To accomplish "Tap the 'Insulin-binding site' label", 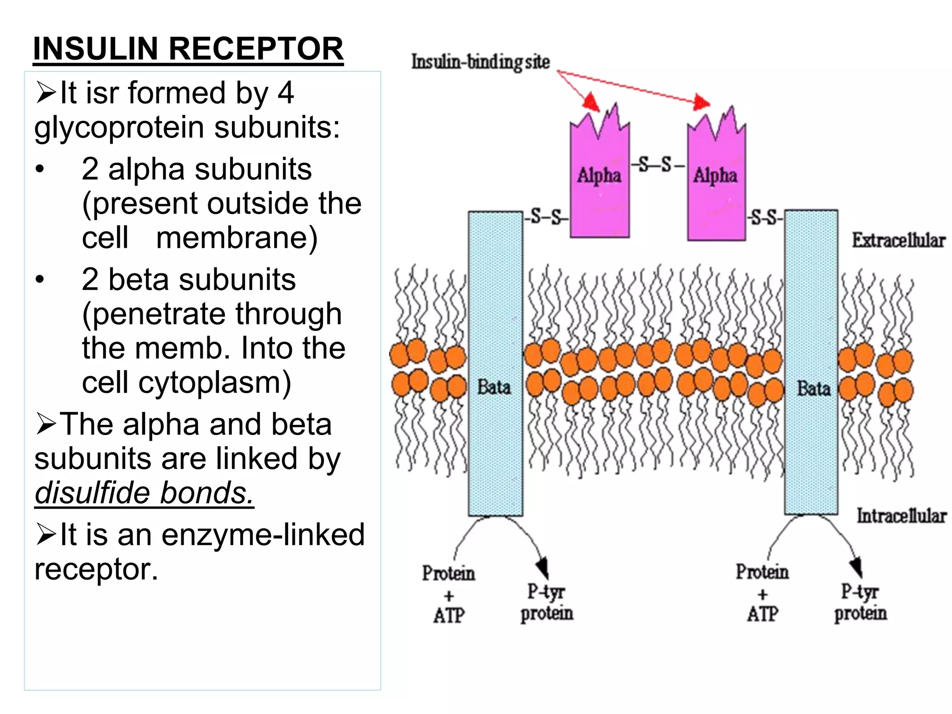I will pyautogui.click(x=480, y=62).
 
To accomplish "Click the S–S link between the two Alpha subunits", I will pyautogui.click(x=657, y=165).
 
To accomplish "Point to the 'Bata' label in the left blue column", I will pyautogui.click(x=494, y=387).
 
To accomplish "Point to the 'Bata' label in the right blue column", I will pyautogui.click(x=813, y=389).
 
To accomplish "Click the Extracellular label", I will pyautogui.click(x=898, y=240).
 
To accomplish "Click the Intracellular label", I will pyautogui.click(x=901, y=516).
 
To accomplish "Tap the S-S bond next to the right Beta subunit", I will pyautogui.click(x=765, y=217).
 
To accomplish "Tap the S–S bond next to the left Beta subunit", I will pyautogui.click(x=547, y=217).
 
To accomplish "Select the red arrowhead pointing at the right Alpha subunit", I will pyautogui.click(x=701, y=102).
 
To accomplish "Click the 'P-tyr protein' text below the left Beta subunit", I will pyautogui.click(x=547, y=602).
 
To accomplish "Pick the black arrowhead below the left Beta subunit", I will pyautogui.click(x=542, y=568).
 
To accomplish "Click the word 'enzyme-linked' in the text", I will pyautogui.click(x=263, y=535).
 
